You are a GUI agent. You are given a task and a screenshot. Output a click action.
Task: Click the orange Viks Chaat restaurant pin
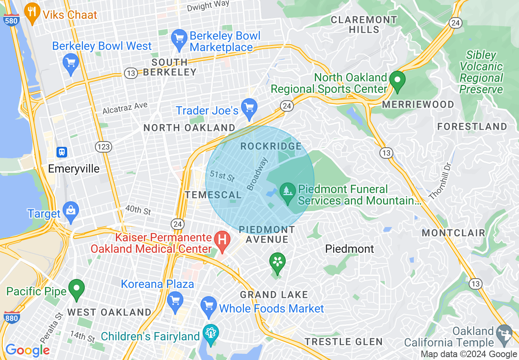pyautogui.click(x=32, y=13)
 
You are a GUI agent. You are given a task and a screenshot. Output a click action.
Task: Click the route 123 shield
pyautogui.click(x=102, y=146)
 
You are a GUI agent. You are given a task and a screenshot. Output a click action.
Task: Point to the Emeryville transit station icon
pyautogui.click(x=62, y=152)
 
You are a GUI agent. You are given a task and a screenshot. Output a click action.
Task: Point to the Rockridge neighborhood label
pyautogui.click(x=271, y=146)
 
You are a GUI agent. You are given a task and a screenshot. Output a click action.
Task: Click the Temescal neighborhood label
pyautogui.click(x=213, y=195)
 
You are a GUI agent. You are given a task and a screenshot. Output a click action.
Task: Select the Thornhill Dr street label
pyautogui.click(x=440, y=181)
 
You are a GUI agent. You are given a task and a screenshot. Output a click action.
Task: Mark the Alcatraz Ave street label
pyautogui.click(x=125, y=108)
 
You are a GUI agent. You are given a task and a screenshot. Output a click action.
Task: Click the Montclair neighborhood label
pyautogui.click(x=454, y=233)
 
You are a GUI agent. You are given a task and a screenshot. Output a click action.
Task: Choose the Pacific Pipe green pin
pyautogui.click(x=76, y=289)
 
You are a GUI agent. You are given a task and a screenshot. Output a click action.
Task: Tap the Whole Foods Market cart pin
pyautogui.click(x=209, y=307)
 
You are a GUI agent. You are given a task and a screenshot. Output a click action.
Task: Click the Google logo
pyautogui.click(x=27, y=350)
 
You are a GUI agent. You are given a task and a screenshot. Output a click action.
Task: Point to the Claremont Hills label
pyautogui.click(x=364, y=25)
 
